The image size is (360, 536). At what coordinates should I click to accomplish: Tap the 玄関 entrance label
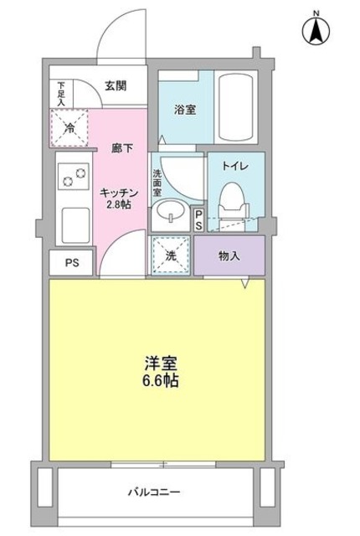point(116,84)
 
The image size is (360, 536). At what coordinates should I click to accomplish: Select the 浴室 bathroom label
point(185,109)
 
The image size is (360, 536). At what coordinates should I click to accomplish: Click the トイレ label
point(234,167)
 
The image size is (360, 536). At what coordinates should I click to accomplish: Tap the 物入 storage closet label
point(229,255)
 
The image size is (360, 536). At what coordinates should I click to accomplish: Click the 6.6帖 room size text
point(159,381)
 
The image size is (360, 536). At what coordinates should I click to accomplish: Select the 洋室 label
point(158,364)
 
